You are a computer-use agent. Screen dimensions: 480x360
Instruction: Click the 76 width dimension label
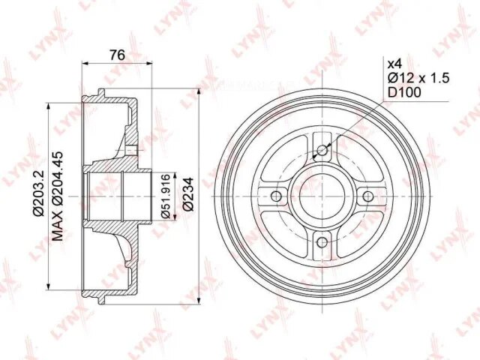[118, 55]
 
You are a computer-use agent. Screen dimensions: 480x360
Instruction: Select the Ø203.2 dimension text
[39, 193]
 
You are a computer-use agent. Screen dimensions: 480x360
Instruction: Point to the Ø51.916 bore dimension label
[165, 196]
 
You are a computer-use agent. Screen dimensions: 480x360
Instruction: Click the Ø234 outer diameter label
[188, 194]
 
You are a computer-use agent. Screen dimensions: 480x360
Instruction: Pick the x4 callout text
[394, 64]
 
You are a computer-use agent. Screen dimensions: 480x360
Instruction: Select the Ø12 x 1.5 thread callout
[418, 78]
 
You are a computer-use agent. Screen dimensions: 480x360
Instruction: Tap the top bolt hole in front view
[322, 150]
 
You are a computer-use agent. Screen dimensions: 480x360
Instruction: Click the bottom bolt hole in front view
[322, 242]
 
